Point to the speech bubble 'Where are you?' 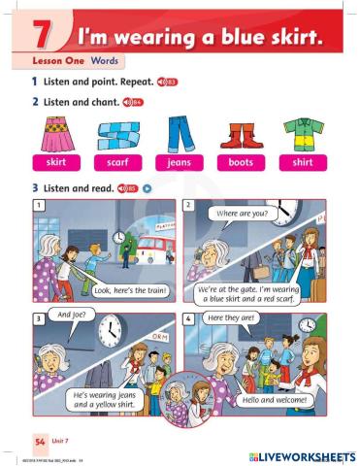(243, 212)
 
